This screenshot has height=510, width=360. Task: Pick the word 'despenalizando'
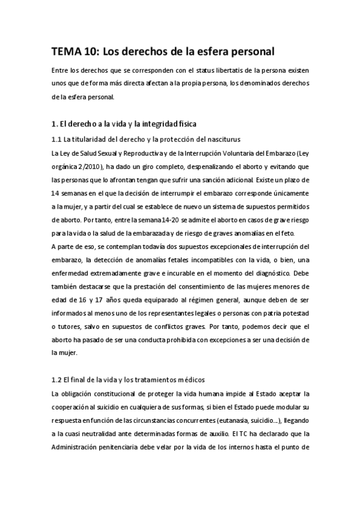[x=192, y=166]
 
